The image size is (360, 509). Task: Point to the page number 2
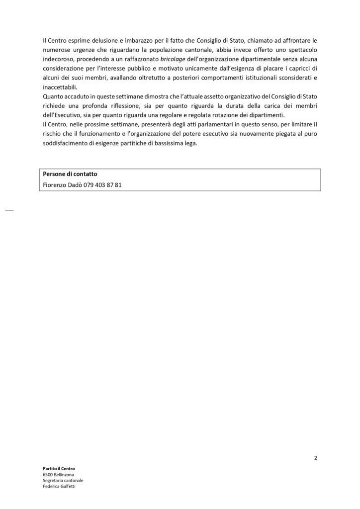click(x=316, y=458)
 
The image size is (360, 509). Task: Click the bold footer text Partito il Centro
click(x=59, y=469)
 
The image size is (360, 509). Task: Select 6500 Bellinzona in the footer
click(x=59, y=475)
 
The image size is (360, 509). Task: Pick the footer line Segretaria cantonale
click(x=63, y=481)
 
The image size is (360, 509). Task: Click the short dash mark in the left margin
click(x=9, y=211)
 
